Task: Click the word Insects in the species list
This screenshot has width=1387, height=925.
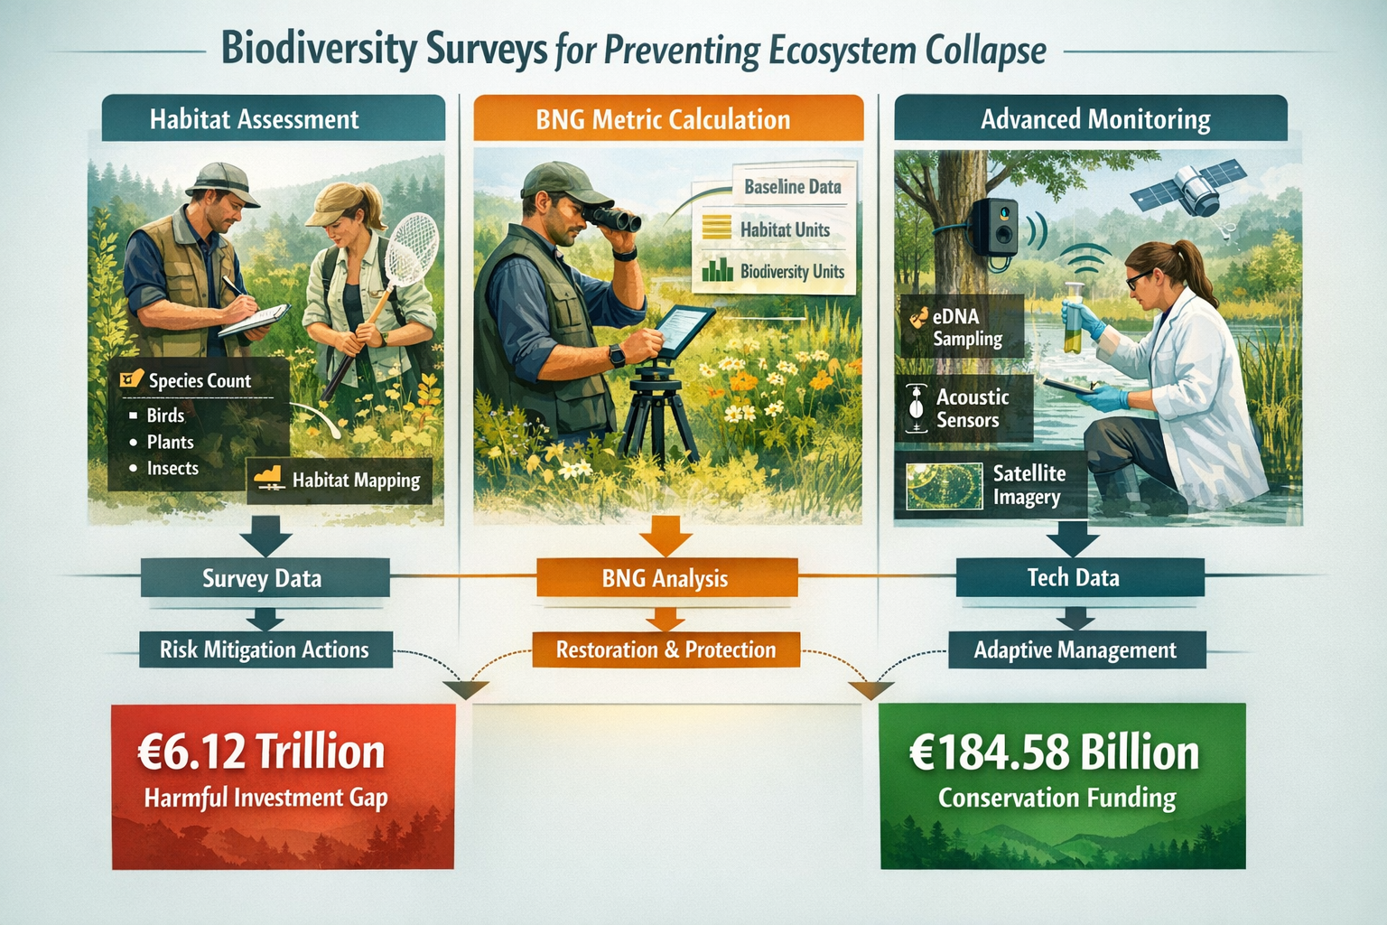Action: pyautogui.click(x=172, y=468)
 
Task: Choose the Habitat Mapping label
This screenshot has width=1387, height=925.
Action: pyautogui.click(x=356, y=481)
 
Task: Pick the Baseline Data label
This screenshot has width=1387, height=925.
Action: pyautogui.click(x=792, y=187)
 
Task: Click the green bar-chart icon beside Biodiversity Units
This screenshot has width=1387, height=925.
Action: pyautogui.click(x=718, y=270)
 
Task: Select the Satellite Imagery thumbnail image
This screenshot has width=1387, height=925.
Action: pyautogui.click(x=945, y=485)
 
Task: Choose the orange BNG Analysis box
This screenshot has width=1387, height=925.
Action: pyautogui.click(x=666, y=578)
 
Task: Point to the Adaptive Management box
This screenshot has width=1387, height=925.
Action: pyautogui.click(x=1075, y=650)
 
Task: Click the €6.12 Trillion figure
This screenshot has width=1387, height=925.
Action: pyautogui.click(x=262, y=752)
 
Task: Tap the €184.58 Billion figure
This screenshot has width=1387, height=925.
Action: pyautogui.click(x=1055, y=752)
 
